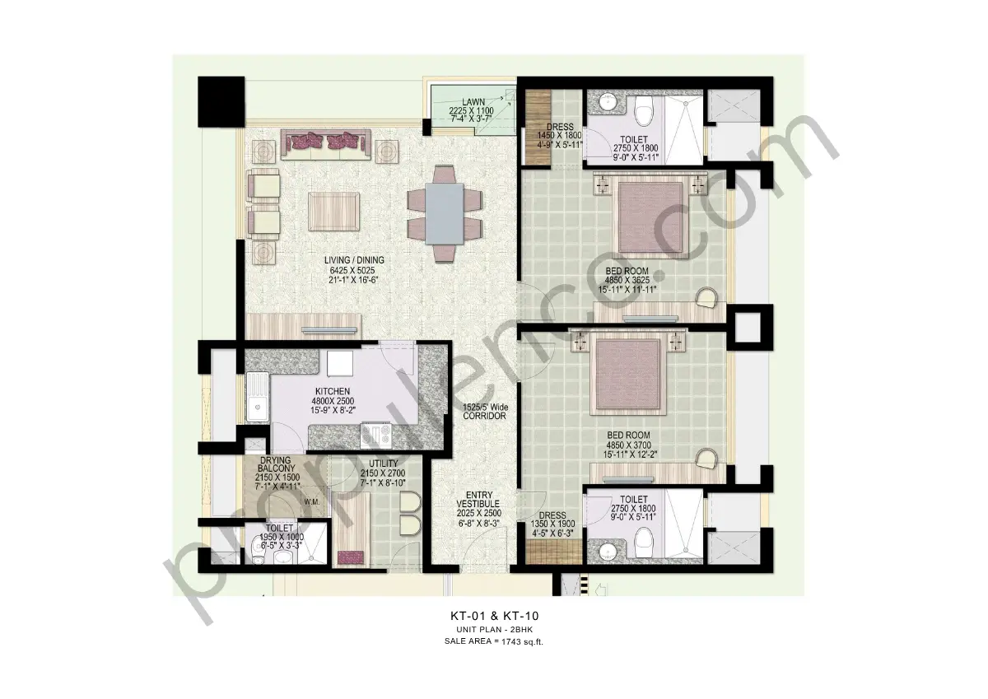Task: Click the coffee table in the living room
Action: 333,210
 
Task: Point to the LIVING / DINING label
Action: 354,260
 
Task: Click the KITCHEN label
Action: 332,391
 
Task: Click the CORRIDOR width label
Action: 483,412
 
